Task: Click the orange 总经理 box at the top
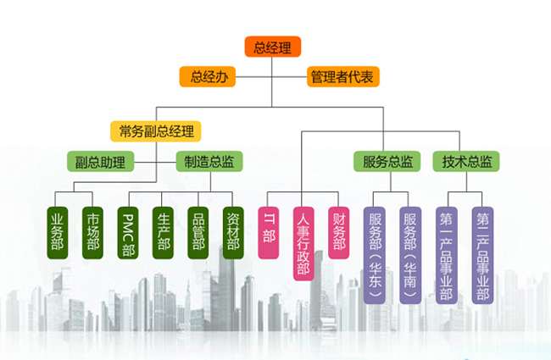pos(272,47)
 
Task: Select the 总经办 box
pos(208,77)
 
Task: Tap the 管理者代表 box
pos(342,77)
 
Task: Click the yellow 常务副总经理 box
pos(156,130)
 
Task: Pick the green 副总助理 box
pos(100,161)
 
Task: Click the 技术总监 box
pos(465,161)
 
